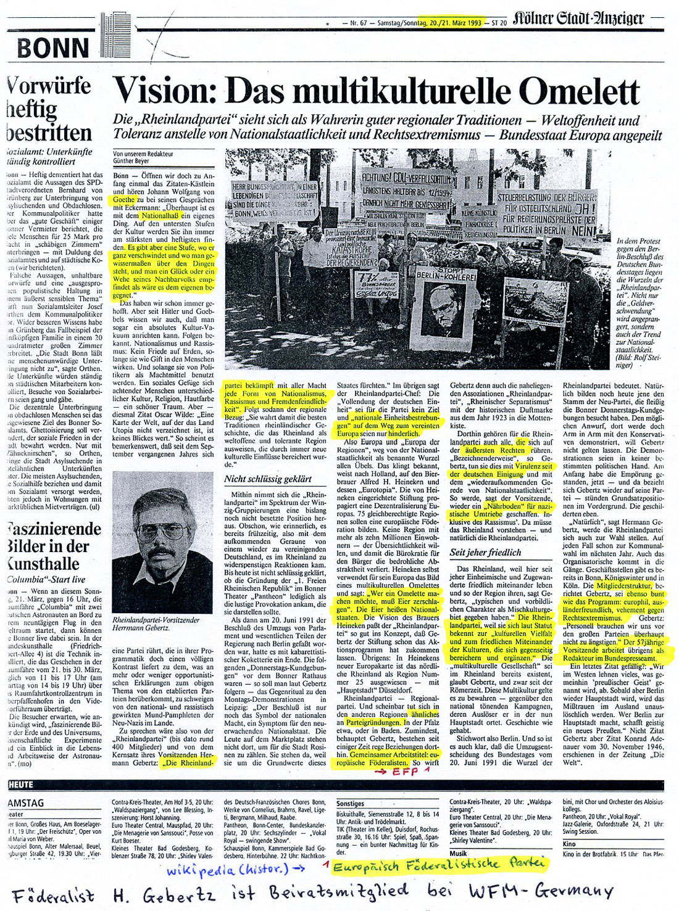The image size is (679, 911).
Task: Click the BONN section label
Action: pos(54,47)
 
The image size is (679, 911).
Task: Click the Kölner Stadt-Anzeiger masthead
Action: pos(577,19)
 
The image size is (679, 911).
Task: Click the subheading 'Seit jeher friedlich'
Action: pos(485,552)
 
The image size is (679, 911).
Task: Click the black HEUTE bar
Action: pos(22,784)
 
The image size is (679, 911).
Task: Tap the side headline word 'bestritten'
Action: pos(48,132)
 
